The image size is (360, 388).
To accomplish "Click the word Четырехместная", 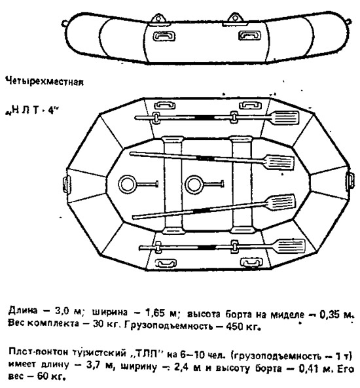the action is point(45,81).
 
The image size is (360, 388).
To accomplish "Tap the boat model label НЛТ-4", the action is point(31,110).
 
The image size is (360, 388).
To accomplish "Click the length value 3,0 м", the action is point(67,311).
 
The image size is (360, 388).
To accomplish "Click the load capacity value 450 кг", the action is point(243,326).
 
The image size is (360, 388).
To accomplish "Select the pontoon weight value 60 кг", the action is point(51,377).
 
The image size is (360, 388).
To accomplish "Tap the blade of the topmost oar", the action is point(285,118).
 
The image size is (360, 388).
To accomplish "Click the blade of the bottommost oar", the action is point(290,246).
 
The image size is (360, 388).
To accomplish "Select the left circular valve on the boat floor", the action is point(127,185).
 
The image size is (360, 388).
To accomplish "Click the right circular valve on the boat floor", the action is point(194,185).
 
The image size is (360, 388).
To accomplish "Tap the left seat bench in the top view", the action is point(173,185).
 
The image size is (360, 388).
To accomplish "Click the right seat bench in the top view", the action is point(242,185).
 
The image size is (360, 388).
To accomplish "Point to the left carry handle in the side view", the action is point(164,36).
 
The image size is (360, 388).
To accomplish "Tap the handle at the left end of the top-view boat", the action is point(67,185).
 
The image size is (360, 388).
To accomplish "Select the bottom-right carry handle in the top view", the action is point(251,262).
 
